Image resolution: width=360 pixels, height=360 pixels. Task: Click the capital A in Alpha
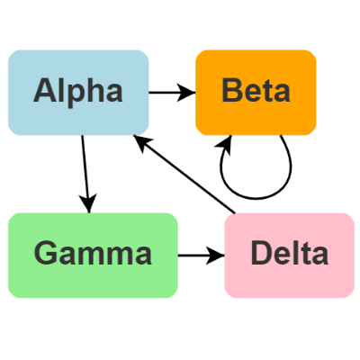coord(47,91)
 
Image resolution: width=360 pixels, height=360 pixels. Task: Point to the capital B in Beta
coord(232,91)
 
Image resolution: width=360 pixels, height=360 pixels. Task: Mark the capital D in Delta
coord(262,254)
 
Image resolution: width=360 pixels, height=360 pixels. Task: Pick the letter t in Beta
coord(271,91)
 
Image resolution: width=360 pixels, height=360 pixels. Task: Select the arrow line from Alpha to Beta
coord(166,91)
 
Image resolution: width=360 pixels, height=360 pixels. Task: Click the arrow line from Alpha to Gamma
coord(85,171)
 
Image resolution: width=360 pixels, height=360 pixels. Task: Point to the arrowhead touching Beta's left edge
coord(189,91)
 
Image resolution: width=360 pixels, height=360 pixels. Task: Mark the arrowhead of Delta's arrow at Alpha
coord(139,139)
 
